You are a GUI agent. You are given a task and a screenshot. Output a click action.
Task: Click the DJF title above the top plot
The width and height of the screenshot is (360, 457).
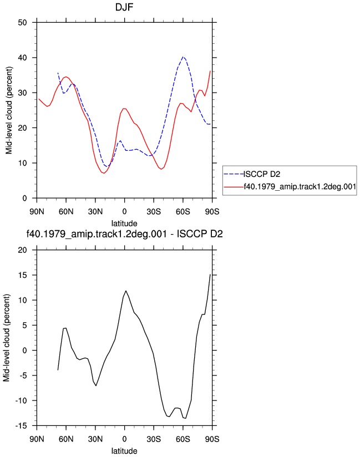pyautogui.click(x=124, y=7)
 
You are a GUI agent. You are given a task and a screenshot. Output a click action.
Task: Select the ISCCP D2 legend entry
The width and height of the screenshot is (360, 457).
pyautogui.click(x=262, y=174)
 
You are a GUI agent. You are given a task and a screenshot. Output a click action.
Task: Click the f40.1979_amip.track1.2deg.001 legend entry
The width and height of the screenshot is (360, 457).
pyautogui.click(x=300, y=186)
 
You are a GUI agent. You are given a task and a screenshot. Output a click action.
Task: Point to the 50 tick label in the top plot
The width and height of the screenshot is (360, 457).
pyautogui.click(x=22, y=22)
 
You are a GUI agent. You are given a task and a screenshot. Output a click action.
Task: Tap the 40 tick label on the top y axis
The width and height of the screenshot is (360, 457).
pyautogui.click(x=22, y=58)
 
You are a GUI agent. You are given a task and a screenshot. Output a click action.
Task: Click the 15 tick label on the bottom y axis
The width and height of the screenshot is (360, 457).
pyautogui.click(x=22, y=275)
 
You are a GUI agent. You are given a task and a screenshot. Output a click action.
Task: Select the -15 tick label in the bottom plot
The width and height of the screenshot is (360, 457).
pyautogui.click(x=21, y=426)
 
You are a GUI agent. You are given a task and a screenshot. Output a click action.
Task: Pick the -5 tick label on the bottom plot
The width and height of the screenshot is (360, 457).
pyautogui.click(x=22, y=375)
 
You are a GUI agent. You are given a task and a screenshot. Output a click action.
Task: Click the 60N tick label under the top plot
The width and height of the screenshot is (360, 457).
pyautogui.click(x=66, y=212)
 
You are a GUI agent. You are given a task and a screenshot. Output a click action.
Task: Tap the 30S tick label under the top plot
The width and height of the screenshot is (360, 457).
pyautogui.click(x=154, y=212)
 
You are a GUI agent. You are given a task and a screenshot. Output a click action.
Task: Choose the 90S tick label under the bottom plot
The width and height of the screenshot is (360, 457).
pyautogui.click(x=212, y=439)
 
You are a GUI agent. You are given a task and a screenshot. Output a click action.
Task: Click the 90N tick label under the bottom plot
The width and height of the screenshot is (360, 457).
pyautogui.click(x=37, y=439)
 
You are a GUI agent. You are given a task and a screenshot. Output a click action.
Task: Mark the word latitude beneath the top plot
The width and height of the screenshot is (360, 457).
pyautogui.click(x=124, y=224)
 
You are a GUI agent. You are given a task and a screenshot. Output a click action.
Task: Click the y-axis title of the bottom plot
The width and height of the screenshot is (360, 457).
pyautogui.click(x=7, y=338)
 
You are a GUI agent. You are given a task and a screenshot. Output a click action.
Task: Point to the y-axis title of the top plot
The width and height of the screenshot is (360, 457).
pyautogui.click(x=9, y=110)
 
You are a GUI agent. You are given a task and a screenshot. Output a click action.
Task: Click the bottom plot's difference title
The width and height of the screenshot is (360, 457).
pyautogui.click(x=124, y=233)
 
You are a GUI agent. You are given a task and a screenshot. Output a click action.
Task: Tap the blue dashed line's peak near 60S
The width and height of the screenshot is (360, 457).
pyautogui.click(x=182, y=57)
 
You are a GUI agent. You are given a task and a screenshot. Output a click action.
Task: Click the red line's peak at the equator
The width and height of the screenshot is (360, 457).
pyautogui.click(x=124, y=108)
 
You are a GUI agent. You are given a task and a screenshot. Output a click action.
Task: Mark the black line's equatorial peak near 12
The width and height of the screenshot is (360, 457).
pyautogui.click(x=125, y=291)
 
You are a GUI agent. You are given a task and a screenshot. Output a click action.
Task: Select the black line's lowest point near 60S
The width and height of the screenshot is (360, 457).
pyautogui.click(x=185, y=418)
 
